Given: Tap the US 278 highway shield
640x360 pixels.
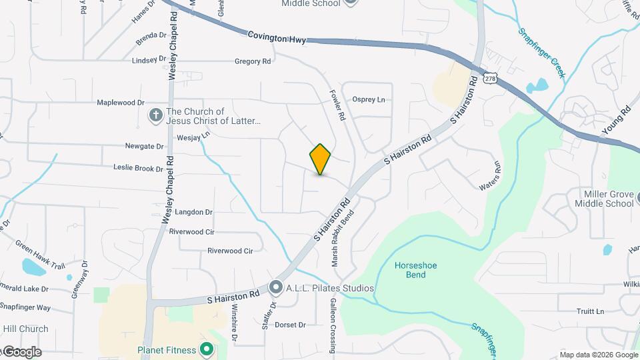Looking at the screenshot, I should pos(491,79).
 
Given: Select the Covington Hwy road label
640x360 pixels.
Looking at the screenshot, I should pos(277,37).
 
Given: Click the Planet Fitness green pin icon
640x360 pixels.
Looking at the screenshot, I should pos(207,349).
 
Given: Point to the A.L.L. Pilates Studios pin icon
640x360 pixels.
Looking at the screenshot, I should pos(276,288).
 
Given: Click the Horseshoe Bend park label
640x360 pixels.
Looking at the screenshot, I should pos(415,270).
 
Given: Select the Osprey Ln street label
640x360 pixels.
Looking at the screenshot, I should pos(369,100).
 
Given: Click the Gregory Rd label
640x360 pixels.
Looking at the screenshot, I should pos(253,61).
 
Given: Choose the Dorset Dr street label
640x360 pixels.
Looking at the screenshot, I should pos(290,325).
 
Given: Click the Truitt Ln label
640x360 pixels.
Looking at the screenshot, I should pos(590,311).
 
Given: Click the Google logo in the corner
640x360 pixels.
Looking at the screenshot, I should pos(21,352).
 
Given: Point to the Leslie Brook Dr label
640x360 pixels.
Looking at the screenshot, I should pos(138,169).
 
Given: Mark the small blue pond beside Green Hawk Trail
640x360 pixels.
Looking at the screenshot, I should pos(31,267).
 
